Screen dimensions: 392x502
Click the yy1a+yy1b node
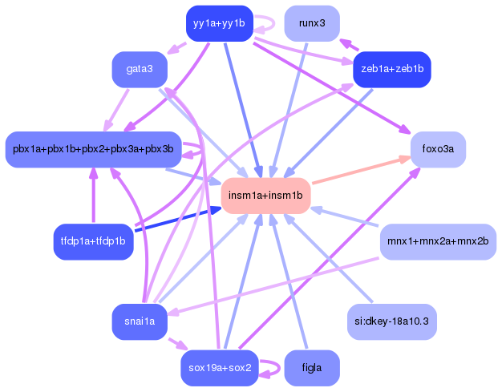pyautogui.click(x=219, y=23)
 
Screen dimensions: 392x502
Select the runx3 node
pyautogui.click(x=311, y=23)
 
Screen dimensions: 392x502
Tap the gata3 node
pyautogui.click(x=140, y=69)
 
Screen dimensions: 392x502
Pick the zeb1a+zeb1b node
pyautogui.click(x=392, y=69)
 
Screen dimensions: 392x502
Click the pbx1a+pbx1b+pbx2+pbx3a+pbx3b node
pyautogui.click(x=93, y=149)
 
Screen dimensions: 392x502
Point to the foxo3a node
pyautogui.click(x=438, y=149)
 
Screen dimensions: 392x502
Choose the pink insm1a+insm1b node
pyautogui.click(x=265, y=196)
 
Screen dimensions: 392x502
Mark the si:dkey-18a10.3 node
pyautogui.click(x=392, y=321)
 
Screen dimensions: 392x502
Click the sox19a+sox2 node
pyautogui.click(x=219, y=368)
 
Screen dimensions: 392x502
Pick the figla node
pyautogui.click(x=311, y=368)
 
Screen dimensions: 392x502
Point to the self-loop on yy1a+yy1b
pyautogui.click(x=276, y=24)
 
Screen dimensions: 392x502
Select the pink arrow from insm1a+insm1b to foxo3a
pyautogui.click(x=361, y=171)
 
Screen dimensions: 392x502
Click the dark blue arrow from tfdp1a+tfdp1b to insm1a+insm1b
pyautogui.click(x=176, y=219)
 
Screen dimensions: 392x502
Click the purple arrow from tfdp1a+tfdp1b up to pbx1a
pyautogui.click(x=93, y=196)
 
